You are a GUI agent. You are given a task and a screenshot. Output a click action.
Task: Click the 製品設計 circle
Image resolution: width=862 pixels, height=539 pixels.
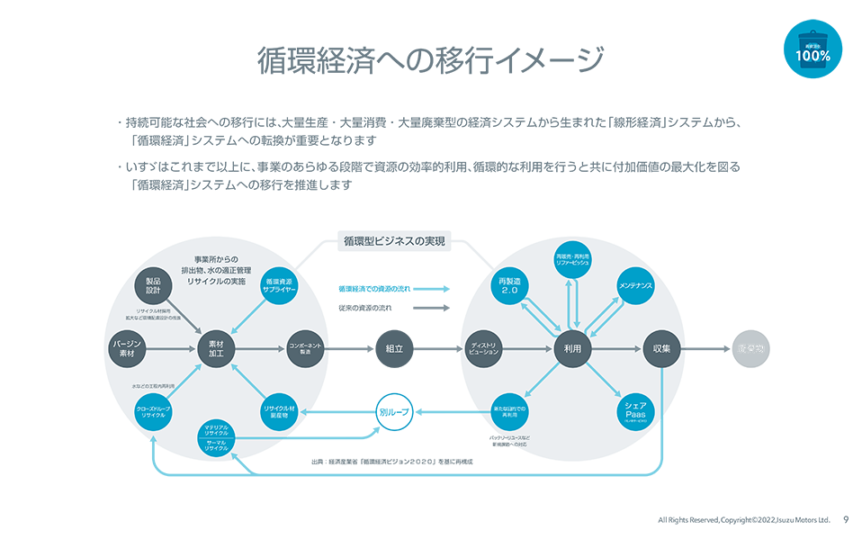pyautogui.click(x=153, y=285)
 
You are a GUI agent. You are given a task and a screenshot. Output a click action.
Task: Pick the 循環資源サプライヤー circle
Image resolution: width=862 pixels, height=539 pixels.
pyautogui.click(x=281, y=285)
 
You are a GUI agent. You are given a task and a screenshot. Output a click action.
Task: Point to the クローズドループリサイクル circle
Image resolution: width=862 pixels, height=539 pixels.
pyautogui.click(x=153, y=411)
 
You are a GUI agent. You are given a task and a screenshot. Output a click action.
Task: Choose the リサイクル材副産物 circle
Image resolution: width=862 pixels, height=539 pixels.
pyautogui.click(x=280, y=411)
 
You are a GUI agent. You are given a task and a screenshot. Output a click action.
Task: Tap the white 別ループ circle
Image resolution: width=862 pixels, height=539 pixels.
pyautogui.click(x=393, y=411)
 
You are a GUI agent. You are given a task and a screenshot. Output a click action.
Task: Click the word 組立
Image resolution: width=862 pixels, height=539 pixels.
pyautogui.click(x=393, y=349)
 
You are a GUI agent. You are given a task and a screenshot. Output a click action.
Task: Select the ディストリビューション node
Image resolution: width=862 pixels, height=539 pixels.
pyautogui.click(x=485, y=349)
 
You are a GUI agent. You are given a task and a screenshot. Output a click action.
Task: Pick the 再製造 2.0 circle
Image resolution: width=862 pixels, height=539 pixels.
pyautogui.click(x=511, y=285)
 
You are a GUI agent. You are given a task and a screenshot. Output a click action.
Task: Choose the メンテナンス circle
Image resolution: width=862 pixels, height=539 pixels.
pyautogui.click(x=635, y=285)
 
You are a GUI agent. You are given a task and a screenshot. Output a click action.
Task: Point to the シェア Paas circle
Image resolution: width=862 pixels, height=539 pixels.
pyautogui.click(x=635, y=411)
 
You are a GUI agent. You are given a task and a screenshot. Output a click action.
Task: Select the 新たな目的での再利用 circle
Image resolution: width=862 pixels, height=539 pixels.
pyautogui.click(x=511, y=411)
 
